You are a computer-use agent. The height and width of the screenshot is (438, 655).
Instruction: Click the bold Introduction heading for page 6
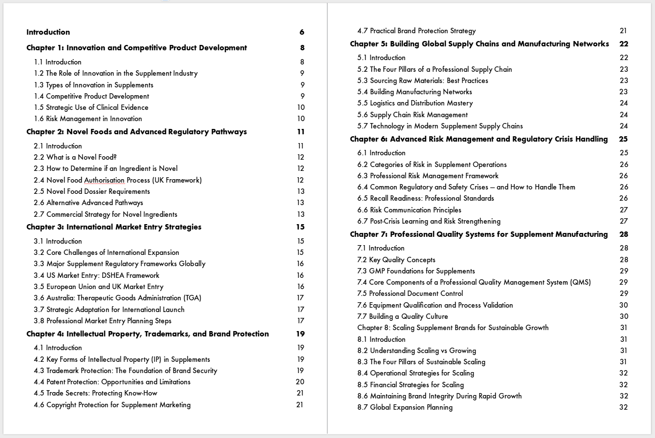[48, 32]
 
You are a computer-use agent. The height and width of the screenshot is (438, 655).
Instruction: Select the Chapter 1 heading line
[136, 48]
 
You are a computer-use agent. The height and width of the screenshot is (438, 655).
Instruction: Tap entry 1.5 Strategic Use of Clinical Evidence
[91, 107]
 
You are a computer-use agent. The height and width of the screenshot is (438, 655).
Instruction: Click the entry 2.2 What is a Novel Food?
[75, 157]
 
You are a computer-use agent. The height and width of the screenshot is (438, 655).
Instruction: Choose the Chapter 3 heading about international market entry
[114, 227]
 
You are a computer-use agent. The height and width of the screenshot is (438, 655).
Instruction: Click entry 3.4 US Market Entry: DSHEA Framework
[96, 275]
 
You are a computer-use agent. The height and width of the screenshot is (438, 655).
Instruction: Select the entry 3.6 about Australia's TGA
[117, 298]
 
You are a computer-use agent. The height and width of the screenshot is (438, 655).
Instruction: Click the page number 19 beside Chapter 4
[300, 334]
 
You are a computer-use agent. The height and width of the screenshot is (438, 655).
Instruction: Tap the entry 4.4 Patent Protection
[112, 382]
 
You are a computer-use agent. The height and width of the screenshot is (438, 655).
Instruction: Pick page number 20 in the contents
[300, 382]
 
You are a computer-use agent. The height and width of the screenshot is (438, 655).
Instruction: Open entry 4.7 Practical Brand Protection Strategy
[416, 31]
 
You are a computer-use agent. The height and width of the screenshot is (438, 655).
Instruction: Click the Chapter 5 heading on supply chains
[479, 44]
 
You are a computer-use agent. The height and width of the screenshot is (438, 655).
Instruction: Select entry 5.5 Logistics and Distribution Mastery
[415, 103]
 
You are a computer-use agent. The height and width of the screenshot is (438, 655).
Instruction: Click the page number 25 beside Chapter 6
[623, 139]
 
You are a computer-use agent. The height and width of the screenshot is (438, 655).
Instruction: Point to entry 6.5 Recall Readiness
[425, 198]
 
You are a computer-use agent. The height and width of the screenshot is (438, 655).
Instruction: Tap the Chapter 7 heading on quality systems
[479, 234]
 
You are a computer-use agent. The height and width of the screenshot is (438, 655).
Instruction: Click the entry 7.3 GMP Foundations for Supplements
[416, 271]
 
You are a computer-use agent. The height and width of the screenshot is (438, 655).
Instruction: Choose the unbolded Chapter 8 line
[453, 328]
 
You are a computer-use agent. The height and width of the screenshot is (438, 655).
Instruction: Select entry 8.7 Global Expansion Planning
[405, 407]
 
